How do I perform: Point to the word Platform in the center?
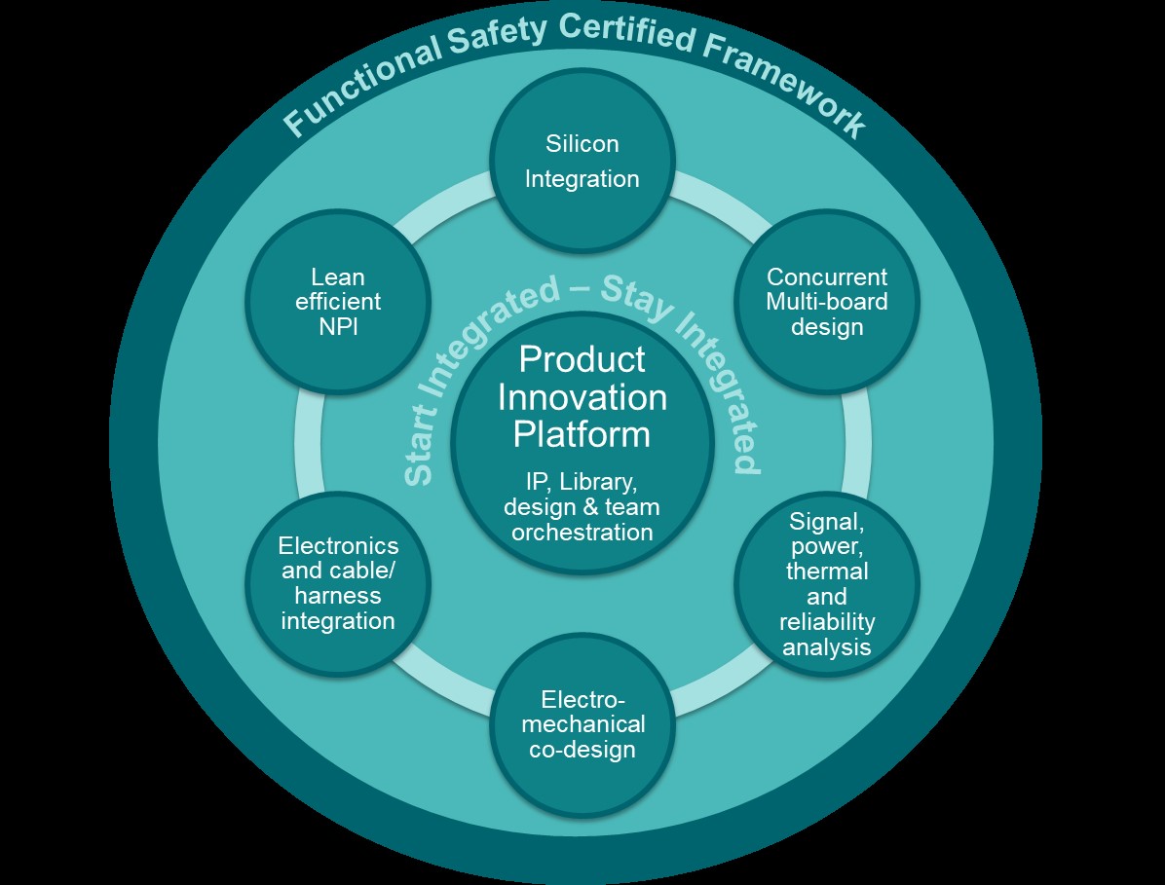582,434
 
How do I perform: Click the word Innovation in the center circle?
582,397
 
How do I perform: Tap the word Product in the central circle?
582,359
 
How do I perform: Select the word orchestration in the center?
582,533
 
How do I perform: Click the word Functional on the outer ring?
359,80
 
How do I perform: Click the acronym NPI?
338,326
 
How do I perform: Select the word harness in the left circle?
338,595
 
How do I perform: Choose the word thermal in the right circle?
827,572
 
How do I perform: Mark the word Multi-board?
826,301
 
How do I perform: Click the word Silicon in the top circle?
582,144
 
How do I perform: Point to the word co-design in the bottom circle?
582,749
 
